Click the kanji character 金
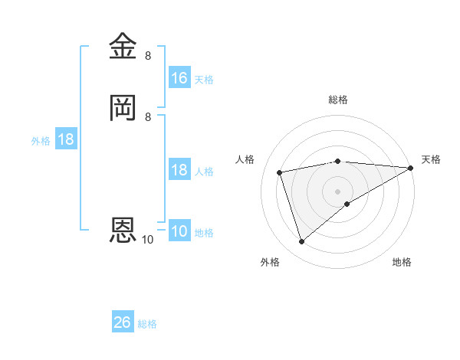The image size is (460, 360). (x=123, y=47)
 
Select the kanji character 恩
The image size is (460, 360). (x=123, y=230)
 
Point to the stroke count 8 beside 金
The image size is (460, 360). (x=148, y=56)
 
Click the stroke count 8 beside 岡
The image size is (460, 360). (x=148, y=116)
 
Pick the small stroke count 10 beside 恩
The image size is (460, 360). (x=147, y=240)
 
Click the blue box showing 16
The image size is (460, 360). (x=179, y=78)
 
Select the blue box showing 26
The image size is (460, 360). (x=123, y=322)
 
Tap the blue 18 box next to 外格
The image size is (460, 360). (x=66, y=139)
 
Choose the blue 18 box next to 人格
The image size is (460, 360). (x=179, y=170)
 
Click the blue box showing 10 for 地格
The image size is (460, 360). (x=179, y=232)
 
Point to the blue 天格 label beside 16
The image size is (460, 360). (x=204, y=80)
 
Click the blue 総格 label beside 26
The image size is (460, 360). (x=147, y=324)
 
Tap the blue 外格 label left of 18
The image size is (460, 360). (x=41, y=141)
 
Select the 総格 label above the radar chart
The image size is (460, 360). (x=338, y=100)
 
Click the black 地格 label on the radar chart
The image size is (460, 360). (x=402, y=263)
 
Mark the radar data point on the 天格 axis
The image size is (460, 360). (x=412, y=169)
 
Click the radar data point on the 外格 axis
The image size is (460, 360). (x=301, y=242)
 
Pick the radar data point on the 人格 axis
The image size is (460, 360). (x=280, y=173)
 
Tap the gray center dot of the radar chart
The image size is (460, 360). (x=338, y=191)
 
